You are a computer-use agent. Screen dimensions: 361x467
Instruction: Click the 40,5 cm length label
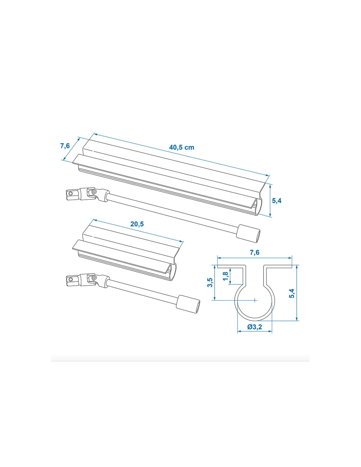pos(181,147)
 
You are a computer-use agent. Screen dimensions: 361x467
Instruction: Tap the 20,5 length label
pos(137,224)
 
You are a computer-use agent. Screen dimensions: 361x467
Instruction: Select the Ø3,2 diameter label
pos(254,327)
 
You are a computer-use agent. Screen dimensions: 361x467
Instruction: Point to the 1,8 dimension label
pos(225,276)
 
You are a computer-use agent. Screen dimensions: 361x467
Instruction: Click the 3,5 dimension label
pos(210,282)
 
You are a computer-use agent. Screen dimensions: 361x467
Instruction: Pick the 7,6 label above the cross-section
pos(254,253)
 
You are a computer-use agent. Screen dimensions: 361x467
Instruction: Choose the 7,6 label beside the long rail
pos(65,146)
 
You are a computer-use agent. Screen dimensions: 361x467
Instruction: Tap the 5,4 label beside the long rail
pos(277,201)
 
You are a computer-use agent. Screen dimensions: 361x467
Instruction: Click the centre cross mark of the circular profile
pos(254,300)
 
